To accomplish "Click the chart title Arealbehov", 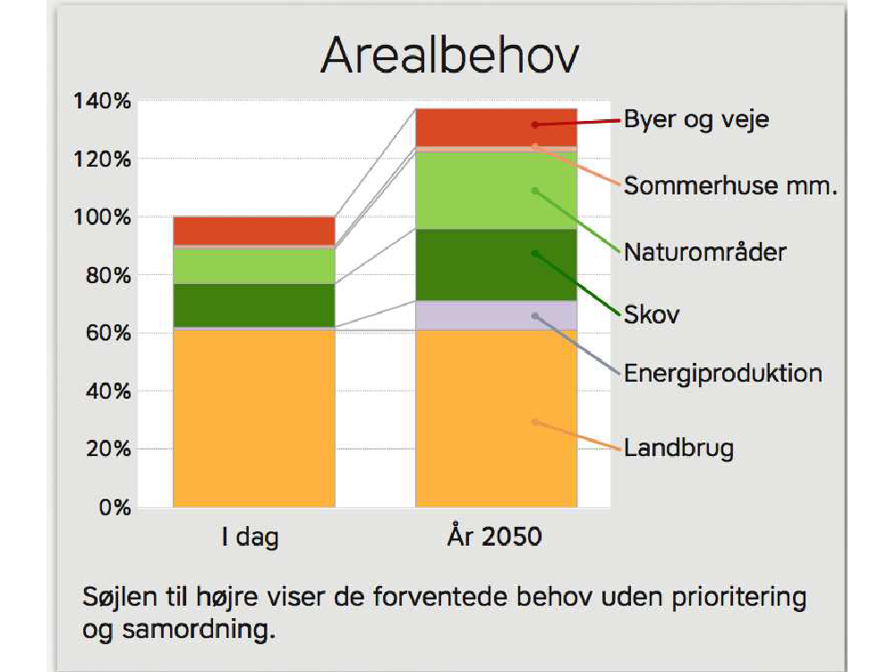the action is pyautogui.click(x=450, y=56).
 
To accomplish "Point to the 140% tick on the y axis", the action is pyautogui.click(x=102, y=101).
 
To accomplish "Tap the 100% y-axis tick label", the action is pyautogui.click(x=102, y=217).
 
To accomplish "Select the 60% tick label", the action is pyautogui.click(x=108, y=332).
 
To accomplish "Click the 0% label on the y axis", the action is pyautogui.click(x=115, y=507).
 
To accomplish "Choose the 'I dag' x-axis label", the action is pyautogui.click(x=250, y=537).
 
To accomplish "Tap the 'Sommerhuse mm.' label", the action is pyautogui.click(x=730, y=185).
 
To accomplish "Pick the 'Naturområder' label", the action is pyautogui.click(x=705, y=252).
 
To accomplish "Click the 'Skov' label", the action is pyautogui.click(x=652, y=314).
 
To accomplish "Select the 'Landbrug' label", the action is pyautogui.click(x=678, y=448).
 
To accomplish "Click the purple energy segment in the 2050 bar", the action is pyautogui.click(x=496, y=315).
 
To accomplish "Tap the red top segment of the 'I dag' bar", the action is pyautogui.click(x=254, y=231).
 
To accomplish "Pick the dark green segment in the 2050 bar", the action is pyautogui.click(x=496, y=265).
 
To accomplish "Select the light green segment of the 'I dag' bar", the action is pyautogui.click(x=254, y=267).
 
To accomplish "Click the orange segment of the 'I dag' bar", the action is pyautogui.click(x=254, y=418).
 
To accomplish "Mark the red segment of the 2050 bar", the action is pyautogui.click(x=496, y=128).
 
